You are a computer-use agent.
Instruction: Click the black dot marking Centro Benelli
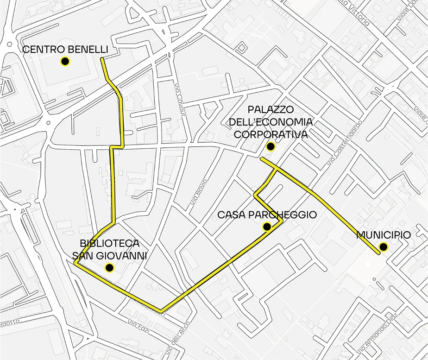click(65, 61)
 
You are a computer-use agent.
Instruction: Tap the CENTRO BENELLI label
click(65, 49)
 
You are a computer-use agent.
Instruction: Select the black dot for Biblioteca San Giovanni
click(109, 267)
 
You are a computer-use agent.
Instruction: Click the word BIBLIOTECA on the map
click(109, 243)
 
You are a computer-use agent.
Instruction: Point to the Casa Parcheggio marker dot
click(267, 227)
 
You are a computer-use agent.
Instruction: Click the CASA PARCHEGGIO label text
click(267, 215)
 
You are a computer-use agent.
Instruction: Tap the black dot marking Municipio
click(383, 247)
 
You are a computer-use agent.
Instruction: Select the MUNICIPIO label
click(383, 235)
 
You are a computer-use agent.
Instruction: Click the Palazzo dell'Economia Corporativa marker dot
click(271, 147)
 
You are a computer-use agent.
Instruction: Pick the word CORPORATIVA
click(271, 135)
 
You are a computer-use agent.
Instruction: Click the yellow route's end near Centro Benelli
click(102, 59)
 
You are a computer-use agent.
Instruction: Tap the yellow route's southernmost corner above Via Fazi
click(160, 310)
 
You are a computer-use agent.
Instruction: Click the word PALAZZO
click(271, 110)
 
